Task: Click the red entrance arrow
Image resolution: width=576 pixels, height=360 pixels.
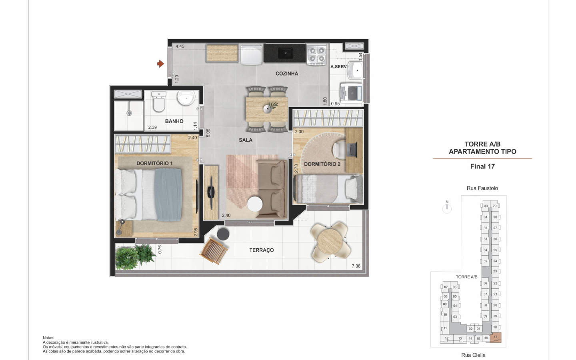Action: [x=161, y=64]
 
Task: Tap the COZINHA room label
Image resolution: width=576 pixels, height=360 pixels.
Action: [x=287, y=74]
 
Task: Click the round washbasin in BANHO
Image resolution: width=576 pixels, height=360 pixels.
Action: [x=186, y=98]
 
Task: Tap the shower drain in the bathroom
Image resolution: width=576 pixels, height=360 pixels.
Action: [x=129, y=113]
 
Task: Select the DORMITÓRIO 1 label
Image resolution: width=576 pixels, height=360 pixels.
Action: [x=154, y=163]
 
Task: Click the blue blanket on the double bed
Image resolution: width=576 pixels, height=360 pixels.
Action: [x=168, y=195]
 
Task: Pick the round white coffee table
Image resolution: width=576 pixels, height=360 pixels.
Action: [x=255, y=204]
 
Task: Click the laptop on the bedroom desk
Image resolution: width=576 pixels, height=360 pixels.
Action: [x=352, y=150]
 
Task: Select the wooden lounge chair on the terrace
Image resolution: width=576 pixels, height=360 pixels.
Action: [x=214, y=251]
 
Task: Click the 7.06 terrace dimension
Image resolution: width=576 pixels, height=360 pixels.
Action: [x=356, y=266]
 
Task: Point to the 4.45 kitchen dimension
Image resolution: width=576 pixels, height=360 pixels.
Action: [x=180, y=46]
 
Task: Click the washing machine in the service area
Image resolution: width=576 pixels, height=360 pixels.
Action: [x=351, y=92]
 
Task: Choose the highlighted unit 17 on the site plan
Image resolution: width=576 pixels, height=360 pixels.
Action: [x=496, y=337]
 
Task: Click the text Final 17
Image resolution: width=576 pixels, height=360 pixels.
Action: [x=482, y=166]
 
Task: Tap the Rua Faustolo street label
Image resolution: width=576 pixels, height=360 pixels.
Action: [x=482, y=188]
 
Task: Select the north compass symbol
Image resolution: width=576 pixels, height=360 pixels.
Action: [x=447, y=207]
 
